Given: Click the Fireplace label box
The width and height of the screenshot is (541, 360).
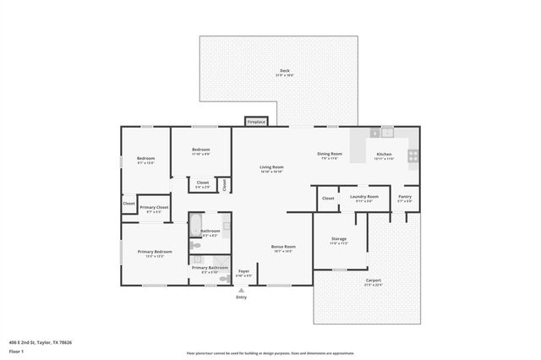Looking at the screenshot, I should [256, 122].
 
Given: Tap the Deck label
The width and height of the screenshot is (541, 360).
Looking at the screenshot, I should [284, 72].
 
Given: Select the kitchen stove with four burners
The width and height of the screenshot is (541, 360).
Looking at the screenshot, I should [413, 155].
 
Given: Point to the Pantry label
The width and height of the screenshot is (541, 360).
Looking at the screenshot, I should [406, 198].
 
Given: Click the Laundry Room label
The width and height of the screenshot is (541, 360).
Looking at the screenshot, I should [366, 198].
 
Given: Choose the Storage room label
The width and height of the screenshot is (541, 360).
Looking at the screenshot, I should [339, 240].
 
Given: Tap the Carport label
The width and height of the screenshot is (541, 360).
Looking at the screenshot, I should [373, 282].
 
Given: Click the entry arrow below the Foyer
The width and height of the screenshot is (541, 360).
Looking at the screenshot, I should [242, 290].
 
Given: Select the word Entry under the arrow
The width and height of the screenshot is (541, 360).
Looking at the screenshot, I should [242, 297].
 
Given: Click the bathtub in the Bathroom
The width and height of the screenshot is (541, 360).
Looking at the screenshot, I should [194, 226].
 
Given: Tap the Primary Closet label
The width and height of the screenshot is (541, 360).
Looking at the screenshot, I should [154, 209].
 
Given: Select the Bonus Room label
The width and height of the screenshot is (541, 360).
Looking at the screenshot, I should [282, 248].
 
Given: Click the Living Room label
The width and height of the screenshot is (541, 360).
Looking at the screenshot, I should [271, 168].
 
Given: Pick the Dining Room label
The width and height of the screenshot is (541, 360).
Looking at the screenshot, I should [330, 155].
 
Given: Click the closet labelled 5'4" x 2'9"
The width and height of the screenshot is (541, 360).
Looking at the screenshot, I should [203, 184].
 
